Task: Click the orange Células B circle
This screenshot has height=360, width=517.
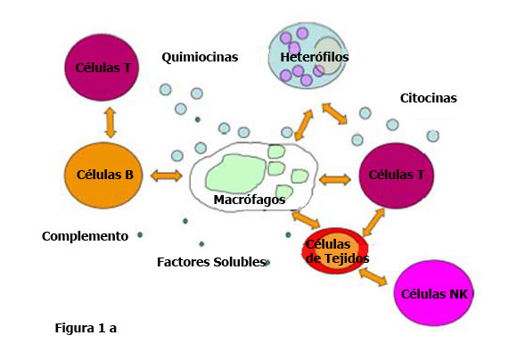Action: [106, 175]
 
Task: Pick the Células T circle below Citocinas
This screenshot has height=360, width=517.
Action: [397, 176]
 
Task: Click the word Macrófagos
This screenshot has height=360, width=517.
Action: [250, 200]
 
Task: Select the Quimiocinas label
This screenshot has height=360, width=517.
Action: [200, 57]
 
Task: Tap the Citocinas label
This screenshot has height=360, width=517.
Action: [428, 98]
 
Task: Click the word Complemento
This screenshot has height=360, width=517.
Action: [85, 236]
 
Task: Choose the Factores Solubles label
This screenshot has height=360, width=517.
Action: [211, 262]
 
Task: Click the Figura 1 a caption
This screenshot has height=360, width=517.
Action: [86, 328]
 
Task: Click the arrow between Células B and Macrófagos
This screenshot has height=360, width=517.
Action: [167, 176]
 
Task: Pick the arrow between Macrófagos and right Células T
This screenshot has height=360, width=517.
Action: [335, 179]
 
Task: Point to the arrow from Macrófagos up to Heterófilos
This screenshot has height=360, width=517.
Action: [304, 126]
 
